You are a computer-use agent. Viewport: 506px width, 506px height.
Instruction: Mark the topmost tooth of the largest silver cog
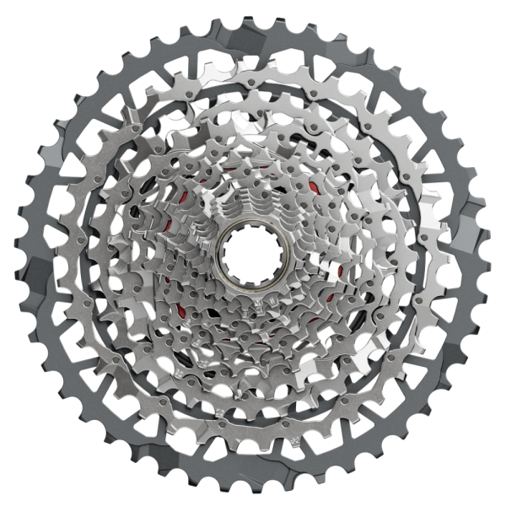pyautogui.click(x=253, y=52)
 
